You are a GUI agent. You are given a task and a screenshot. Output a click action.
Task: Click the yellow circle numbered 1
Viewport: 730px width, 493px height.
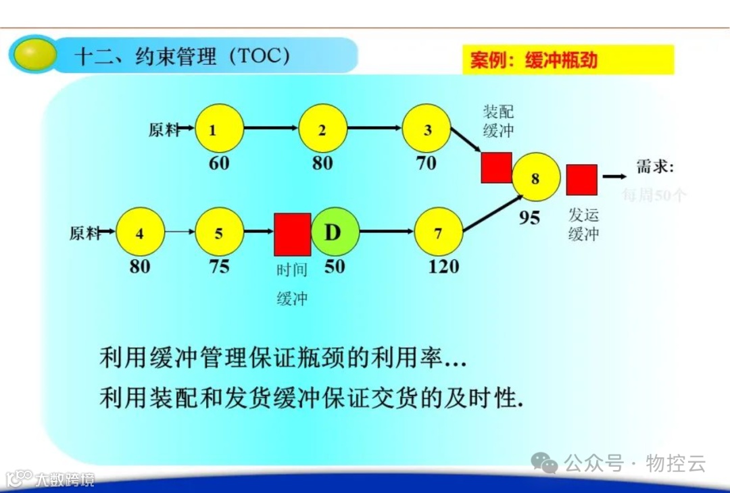point(220,129)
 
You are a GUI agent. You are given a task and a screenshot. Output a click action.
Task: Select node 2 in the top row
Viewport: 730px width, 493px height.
point(322,129)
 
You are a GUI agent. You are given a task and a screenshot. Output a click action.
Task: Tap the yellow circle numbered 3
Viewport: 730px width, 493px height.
point(427,129)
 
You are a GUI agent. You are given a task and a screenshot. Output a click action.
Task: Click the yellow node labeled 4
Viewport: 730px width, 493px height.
point(140,234)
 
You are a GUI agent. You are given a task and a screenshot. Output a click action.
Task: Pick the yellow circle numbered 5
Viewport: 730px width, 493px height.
point(219,234)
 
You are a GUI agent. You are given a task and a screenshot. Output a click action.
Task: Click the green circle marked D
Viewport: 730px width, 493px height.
point(334,233)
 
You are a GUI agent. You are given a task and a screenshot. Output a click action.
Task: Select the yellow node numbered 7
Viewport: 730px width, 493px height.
point(438,233)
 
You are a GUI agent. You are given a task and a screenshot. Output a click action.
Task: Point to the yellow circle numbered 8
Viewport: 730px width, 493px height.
point(536,178)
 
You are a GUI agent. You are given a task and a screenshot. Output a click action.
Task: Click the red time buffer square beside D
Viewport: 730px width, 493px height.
point(292,234)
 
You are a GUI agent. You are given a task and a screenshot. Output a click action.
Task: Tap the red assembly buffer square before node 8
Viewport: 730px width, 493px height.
point(496,167)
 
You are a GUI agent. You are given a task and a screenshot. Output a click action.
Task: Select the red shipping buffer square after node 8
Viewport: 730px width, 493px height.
point(581,180)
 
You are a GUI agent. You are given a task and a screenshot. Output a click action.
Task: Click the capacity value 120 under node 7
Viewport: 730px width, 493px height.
point(443,267)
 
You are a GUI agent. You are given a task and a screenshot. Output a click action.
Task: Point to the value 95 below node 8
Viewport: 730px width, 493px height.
point(530,217)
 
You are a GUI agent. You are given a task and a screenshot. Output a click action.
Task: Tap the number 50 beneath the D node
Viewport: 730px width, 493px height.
point(334,267)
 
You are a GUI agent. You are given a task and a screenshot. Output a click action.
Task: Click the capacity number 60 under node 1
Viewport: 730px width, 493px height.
point(219,163)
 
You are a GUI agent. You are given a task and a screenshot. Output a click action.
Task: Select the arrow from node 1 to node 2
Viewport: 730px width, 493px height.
point(270,128)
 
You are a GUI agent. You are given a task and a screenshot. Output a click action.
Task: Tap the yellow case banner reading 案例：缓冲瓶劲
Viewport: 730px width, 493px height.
point(568,60)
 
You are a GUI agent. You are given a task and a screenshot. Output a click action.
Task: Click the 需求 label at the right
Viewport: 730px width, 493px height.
point(655,167)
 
